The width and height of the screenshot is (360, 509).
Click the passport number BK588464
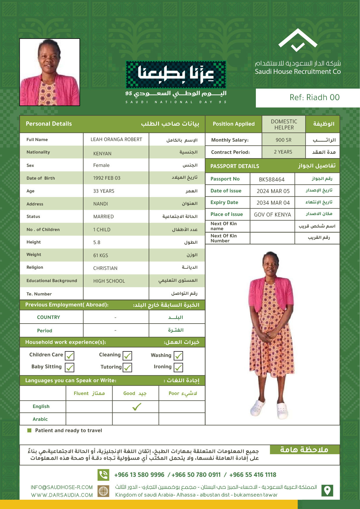(272, 180)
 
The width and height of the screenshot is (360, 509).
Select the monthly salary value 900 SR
(283, 140)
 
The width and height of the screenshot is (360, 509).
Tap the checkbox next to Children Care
(70, 355)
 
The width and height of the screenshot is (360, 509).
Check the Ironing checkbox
(178, 367)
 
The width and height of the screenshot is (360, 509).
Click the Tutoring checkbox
(127, 367)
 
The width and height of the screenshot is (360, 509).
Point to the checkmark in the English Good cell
(137, 407)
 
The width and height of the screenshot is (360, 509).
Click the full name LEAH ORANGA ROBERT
(116, 140)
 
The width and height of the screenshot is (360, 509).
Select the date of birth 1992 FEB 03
(107, 178)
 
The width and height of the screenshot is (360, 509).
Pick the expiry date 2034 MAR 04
(273, 203)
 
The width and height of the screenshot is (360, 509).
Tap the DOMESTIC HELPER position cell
(284, 124)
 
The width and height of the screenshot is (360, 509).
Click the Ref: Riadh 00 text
(314, 98)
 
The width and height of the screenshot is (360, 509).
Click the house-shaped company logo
(298, 40)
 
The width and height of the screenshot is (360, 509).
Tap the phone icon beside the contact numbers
(103, 475)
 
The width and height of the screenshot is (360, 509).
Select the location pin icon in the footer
(327, 490)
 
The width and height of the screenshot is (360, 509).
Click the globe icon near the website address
(103, 491)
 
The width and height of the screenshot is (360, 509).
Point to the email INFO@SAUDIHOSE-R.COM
(62, 488)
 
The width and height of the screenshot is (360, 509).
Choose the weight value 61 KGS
(101, 256)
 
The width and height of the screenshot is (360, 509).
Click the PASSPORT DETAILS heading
(235, 166)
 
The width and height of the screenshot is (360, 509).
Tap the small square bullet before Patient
(29, 430)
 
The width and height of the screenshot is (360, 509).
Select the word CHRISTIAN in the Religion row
(105, 268)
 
